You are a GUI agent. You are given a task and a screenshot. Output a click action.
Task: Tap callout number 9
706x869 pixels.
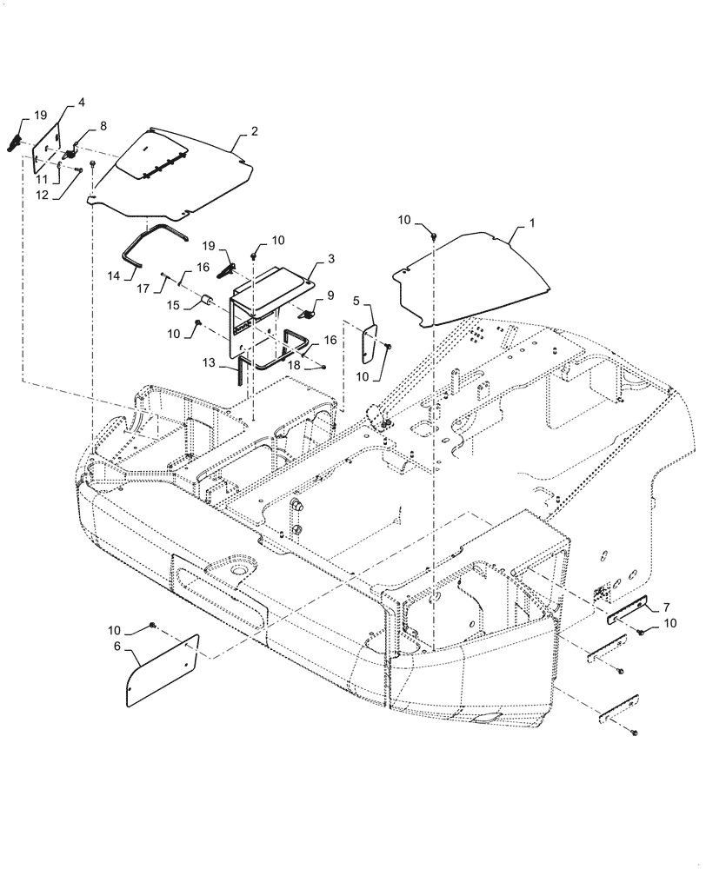click(330, 295)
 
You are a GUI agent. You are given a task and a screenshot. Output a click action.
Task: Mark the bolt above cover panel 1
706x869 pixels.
click(432, 234)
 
